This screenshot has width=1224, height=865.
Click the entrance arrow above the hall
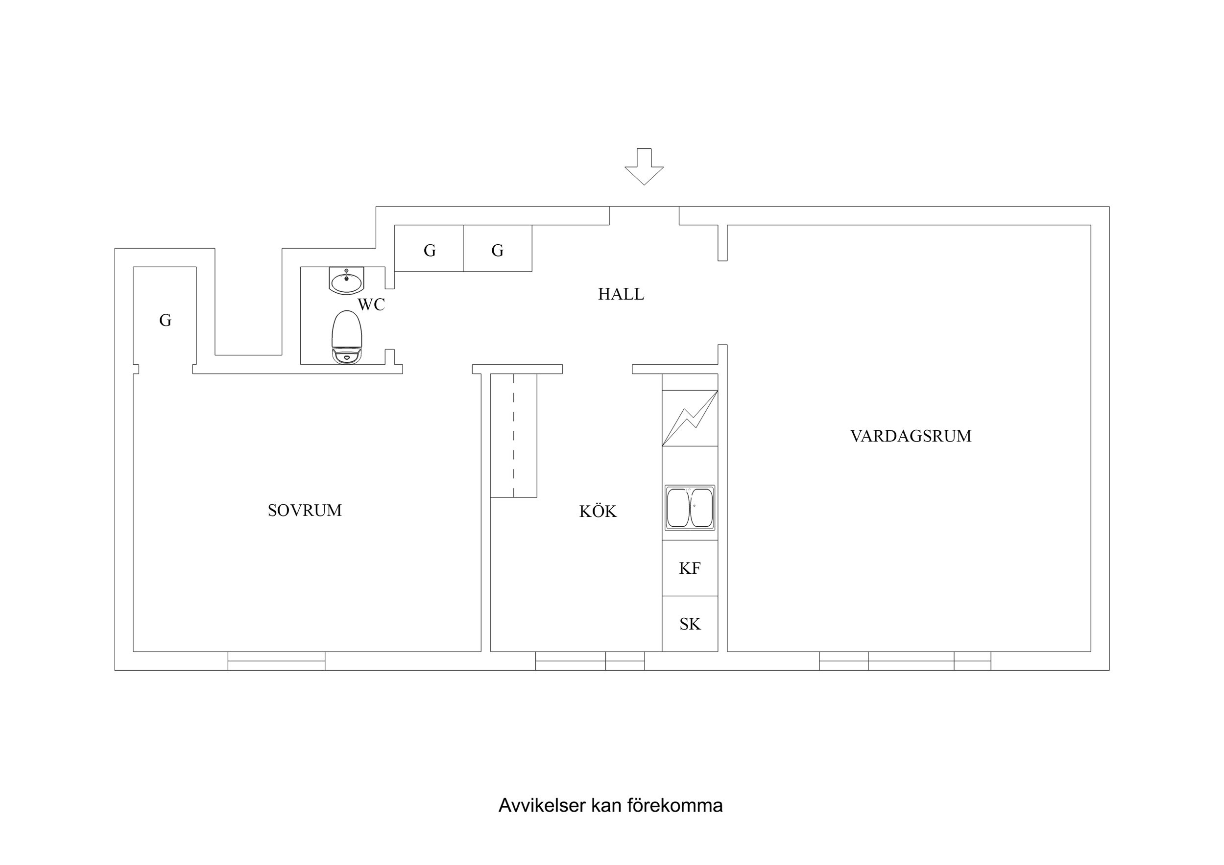(644, 167)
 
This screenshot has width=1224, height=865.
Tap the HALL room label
(621, 294)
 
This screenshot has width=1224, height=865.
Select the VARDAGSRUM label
(911, 436)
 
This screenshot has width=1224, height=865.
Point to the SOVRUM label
(304, 511)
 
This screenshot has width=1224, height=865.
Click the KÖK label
(598, 512)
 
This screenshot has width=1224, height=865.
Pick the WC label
(371, 304)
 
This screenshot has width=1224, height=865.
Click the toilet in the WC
(346, 338)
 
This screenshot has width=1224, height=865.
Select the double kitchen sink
(690, 508)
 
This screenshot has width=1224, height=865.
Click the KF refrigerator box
(690, 568)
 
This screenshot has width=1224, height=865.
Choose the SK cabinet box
(690, 624)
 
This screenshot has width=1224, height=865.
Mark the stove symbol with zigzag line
(690, 419)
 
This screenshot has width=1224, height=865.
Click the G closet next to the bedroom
(165, 320)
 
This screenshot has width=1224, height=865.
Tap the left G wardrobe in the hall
(429, 250)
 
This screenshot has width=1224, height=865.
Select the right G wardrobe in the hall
(497, 250)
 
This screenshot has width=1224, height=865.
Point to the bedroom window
(276, 661)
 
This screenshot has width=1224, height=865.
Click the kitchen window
(590, 661)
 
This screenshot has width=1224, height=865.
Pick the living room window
(905, 661)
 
